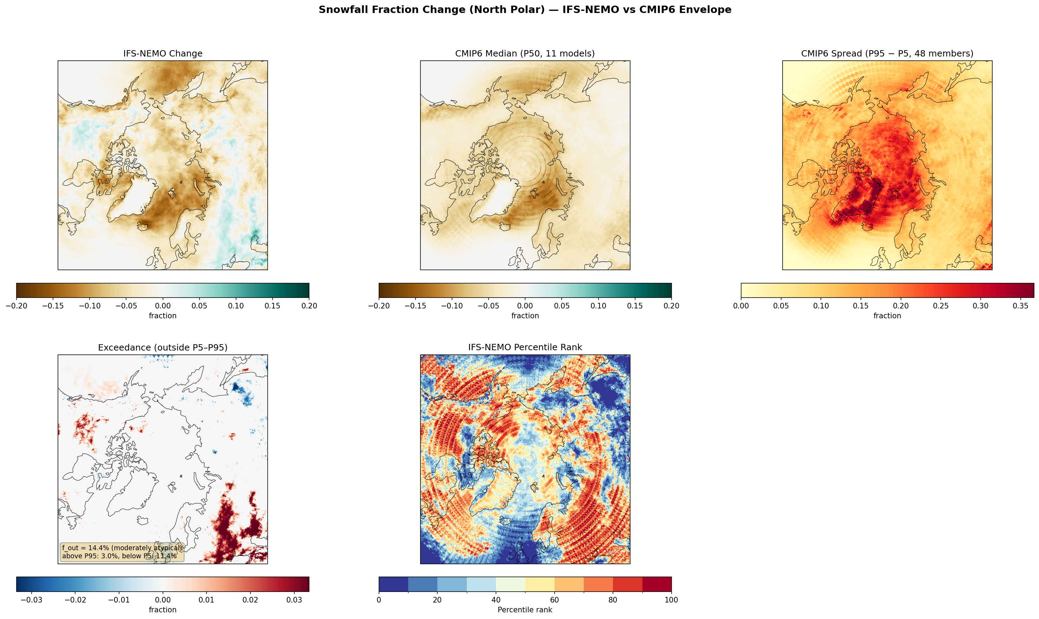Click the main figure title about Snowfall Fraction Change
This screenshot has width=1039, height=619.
click(x=525, y=9)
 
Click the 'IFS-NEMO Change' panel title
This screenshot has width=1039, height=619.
click(x=162, y=53)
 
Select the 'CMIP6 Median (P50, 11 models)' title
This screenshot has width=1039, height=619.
click(x=525, y=53)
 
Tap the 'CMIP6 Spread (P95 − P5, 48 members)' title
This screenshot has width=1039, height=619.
click(x=887, y=53)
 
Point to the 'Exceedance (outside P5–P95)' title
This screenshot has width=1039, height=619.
click(x=162, y=347)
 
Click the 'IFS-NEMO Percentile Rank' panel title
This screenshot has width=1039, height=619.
click(x=525, y=347)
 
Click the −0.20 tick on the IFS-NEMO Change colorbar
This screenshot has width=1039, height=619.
click(x=17, y=306)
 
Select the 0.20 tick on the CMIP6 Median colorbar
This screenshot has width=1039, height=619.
click(x=671, y=306)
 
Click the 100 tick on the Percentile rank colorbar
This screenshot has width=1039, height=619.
click(x=671, y=600)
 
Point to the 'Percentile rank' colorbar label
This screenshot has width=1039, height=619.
click(x=525, y=610)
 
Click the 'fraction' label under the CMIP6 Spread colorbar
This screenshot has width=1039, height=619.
click(x=887, y=316)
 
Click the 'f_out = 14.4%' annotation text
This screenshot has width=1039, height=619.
click(x=86, y=548)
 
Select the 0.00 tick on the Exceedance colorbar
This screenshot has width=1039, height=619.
click(x=162, y=600)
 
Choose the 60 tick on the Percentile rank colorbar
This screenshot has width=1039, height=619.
click(x=554, y=600)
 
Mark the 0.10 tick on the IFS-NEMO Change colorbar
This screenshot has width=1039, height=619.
click(x=236, y=306)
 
